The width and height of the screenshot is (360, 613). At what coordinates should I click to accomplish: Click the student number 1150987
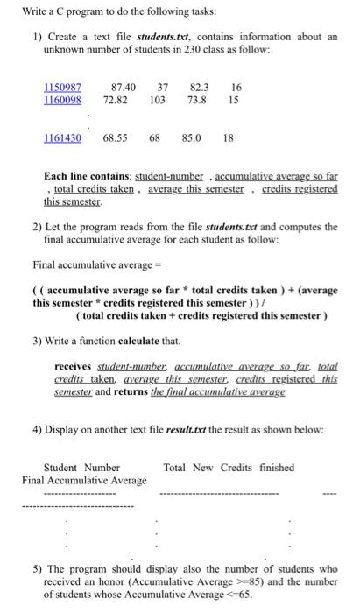62,88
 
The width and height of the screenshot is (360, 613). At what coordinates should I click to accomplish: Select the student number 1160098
62,101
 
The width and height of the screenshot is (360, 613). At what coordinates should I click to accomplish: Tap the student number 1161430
62,138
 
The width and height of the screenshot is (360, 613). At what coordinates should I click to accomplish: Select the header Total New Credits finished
229,468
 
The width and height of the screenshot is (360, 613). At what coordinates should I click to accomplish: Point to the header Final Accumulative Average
84,480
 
